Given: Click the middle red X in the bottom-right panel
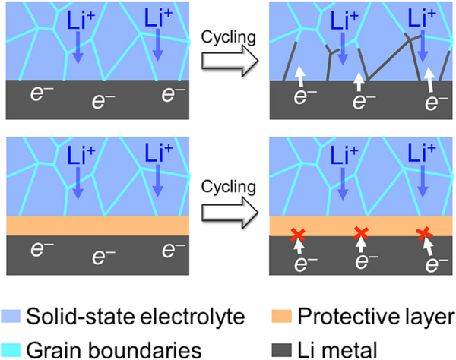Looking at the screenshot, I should coord(361,233).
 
